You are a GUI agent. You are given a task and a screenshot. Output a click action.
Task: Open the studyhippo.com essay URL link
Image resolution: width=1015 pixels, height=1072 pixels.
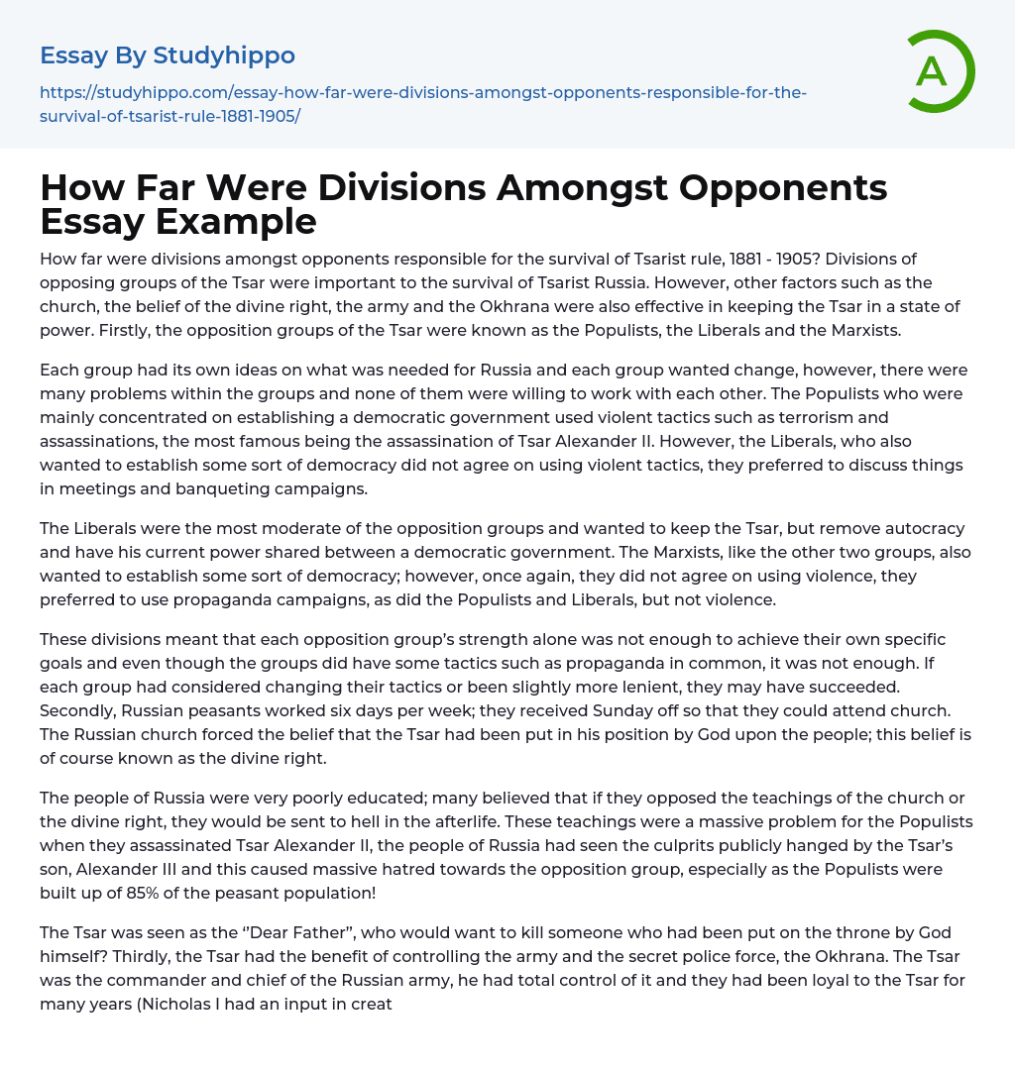pos(423,104)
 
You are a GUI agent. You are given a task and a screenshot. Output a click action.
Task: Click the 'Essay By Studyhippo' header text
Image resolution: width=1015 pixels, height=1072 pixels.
pos(168,55)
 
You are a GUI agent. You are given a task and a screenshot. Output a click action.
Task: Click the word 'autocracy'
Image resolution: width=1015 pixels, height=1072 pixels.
pos(927,528)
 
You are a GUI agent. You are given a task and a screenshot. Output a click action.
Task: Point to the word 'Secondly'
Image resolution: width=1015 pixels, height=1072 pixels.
pos(76,710)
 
